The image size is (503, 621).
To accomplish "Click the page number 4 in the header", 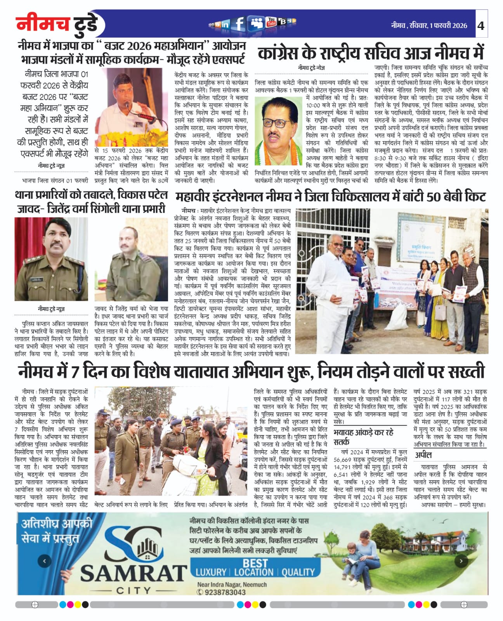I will pos(481,26).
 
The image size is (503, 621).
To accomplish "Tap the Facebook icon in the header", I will pos(240,24).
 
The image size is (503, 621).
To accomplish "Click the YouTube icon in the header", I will pos(271,23).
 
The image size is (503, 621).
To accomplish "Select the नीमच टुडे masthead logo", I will pos(58,24).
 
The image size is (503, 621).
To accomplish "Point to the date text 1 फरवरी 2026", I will pos(448,26).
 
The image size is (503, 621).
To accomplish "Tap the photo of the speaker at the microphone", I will pos(128,108).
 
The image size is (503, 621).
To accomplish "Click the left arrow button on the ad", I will pos(45,561).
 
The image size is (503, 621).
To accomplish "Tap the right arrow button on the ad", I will pos(461,561).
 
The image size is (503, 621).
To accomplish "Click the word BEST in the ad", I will pos(255,563).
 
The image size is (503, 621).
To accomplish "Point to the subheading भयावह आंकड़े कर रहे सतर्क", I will pos(363,437).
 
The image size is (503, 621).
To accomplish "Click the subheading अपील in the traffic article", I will pos(423,455).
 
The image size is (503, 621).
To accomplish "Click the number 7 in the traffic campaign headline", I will pos(75,372).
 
